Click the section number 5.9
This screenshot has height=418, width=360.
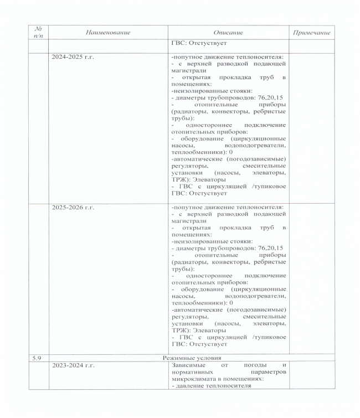(38, 358)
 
